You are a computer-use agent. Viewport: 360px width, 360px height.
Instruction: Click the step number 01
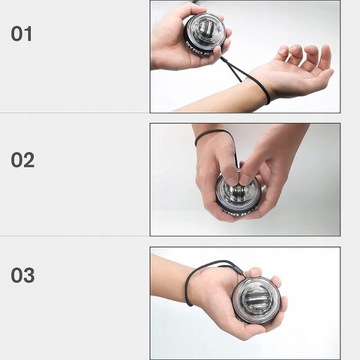(x=21, y=33)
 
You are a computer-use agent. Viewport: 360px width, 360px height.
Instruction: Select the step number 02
(x=22, y=159)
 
